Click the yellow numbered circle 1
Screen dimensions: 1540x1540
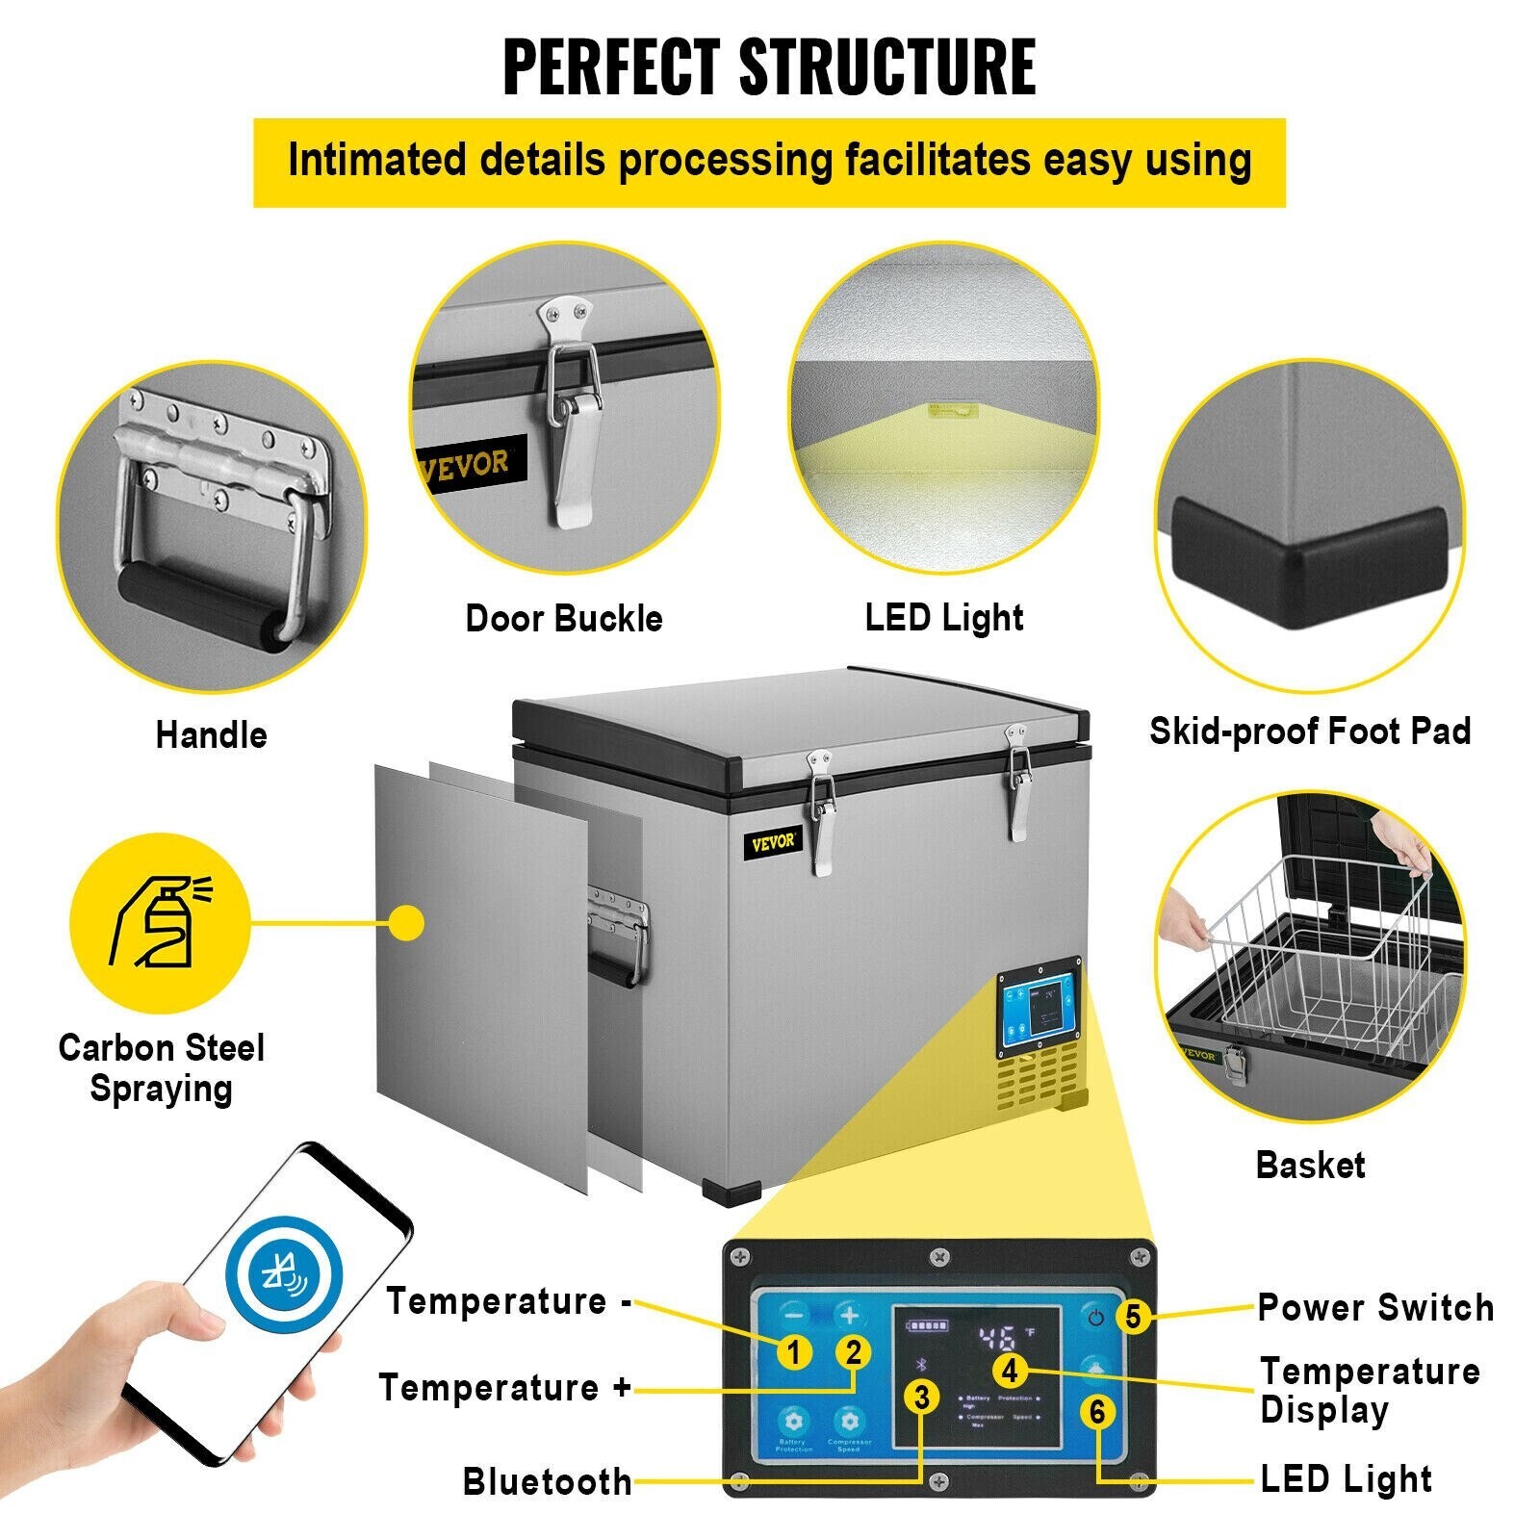tap(793, 1352)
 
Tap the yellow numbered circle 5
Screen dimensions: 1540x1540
tap(1133, 1316)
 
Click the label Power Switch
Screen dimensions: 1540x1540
tap(1375, 1308)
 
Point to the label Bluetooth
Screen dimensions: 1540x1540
tap(547, 1481)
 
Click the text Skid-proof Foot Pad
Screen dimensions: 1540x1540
tap(1310, 731)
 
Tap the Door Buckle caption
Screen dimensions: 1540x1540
tap(564, 618)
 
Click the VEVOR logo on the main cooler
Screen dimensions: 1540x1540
tap(774, 842)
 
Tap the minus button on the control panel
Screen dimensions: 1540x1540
tap(794, 1315)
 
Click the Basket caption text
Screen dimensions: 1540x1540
tap(1310, 1166)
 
